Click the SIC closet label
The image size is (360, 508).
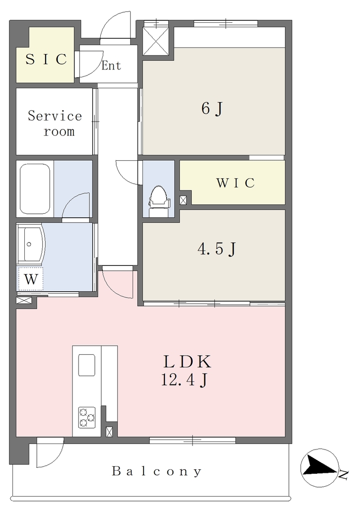click(46, 60)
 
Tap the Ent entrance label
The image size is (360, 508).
click(111, 65)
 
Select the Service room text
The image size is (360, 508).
click(55, 124)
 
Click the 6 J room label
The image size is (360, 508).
click(212, 109)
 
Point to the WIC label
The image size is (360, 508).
click(235, 183)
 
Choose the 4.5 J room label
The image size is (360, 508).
click(216, 249)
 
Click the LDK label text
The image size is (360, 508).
click(187, 362)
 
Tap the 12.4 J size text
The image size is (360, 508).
click(184, 380)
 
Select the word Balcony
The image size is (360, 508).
click(157, 471)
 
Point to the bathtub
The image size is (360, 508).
click(35, 189)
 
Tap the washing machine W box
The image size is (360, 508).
click(31, 279)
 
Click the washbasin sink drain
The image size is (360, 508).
click(29, 244)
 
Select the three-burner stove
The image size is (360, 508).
click(86, 417)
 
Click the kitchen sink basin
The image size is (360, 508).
click(86, 365)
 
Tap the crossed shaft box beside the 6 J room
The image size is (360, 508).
click(156, 41)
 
